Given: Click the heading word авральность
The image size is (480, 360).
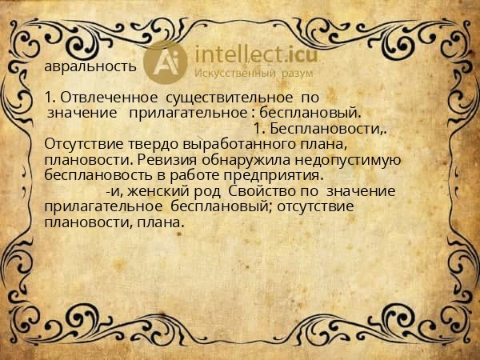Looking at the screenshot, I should [90, 67].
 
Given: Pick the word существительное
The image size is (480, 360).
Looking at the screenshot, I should [230, 98].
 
